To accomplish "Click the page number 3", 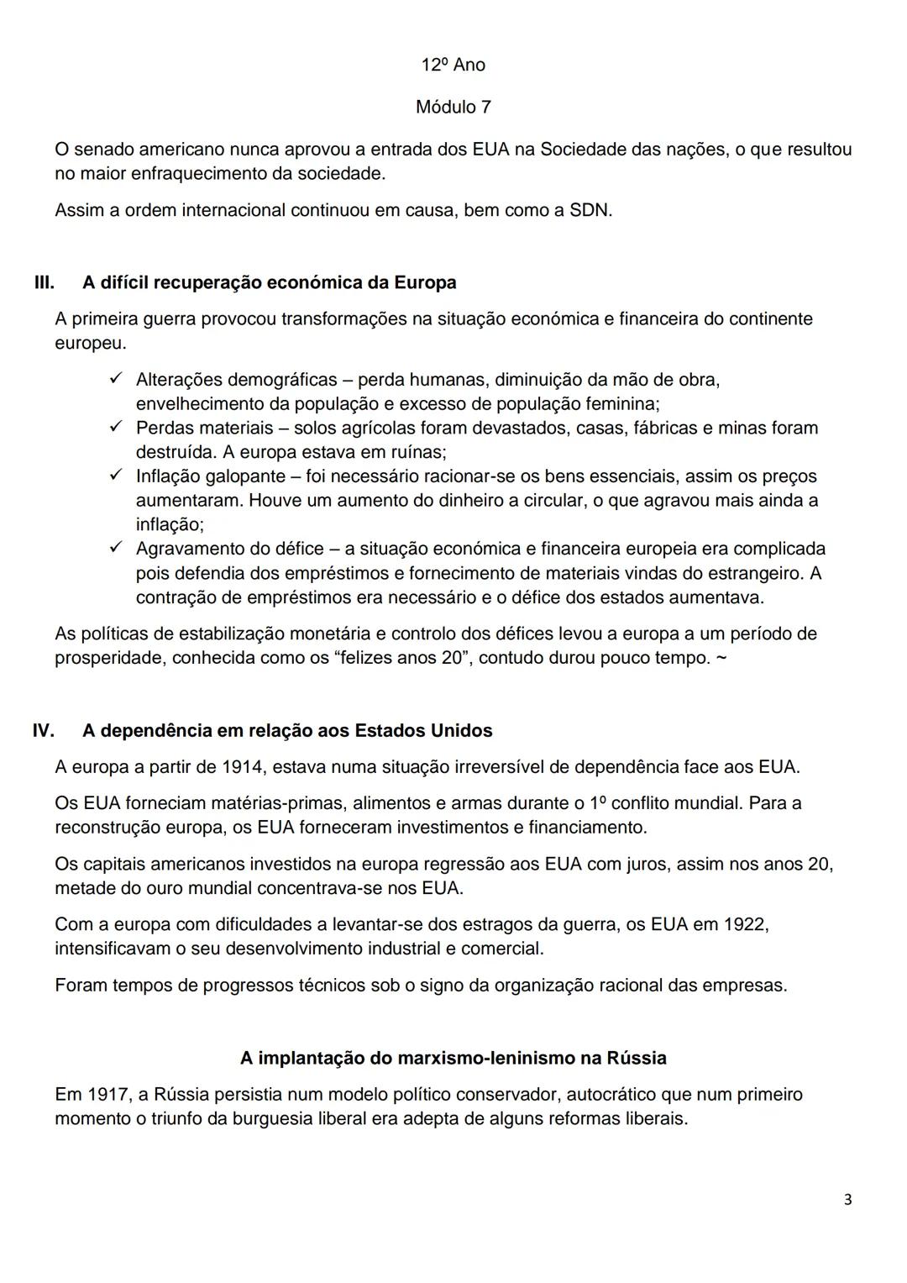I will (847, 1200).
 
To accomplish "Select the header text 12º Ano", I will (453, 66).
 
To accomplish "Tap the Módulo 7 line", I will (453, 108).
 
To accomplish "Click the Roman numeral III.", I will (44, 282).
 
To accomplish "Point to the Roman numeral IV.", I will (44, 731).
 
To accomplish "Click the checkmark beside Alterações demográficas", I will (117, 379).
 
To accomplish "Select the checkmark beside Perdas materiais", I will (117, 428).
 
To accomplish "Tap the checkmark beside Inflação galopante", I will (117, 476).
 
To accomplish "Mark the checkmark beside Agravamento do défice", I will (117, 549).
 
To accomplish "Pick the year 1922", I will (741, 924).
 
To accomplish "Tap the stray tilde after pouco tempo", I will (721, 658).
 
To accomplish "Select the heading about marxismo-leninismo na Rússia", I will (453, 1058).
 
